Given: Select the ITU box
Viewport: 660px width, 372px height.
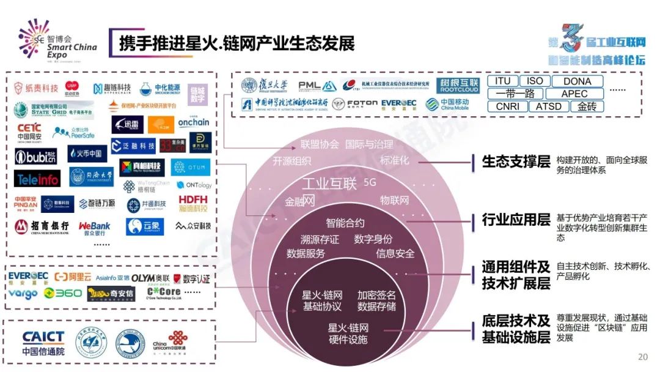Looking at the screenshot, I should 502,81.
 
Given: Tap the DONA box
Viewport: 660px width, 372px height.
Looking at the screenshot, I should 577,81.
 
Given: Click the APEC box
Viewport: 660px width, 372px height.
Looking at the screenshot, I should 574,94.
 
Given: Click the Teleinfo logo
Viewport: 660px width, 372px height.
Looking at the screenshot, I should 37,179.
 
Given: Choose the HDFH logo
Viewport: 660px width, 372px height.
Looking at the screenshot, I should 193,203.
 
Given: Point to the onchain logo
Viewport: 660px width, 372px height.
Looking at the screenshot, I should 193,122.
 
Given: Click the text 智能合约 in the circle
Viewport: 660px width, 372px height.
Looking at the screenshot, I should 345,223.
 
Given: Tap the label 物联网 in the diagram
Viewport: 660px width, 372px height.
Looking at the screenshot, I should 394,200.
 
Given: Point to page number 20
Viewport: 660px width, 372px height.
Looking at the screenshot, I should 642,357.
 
